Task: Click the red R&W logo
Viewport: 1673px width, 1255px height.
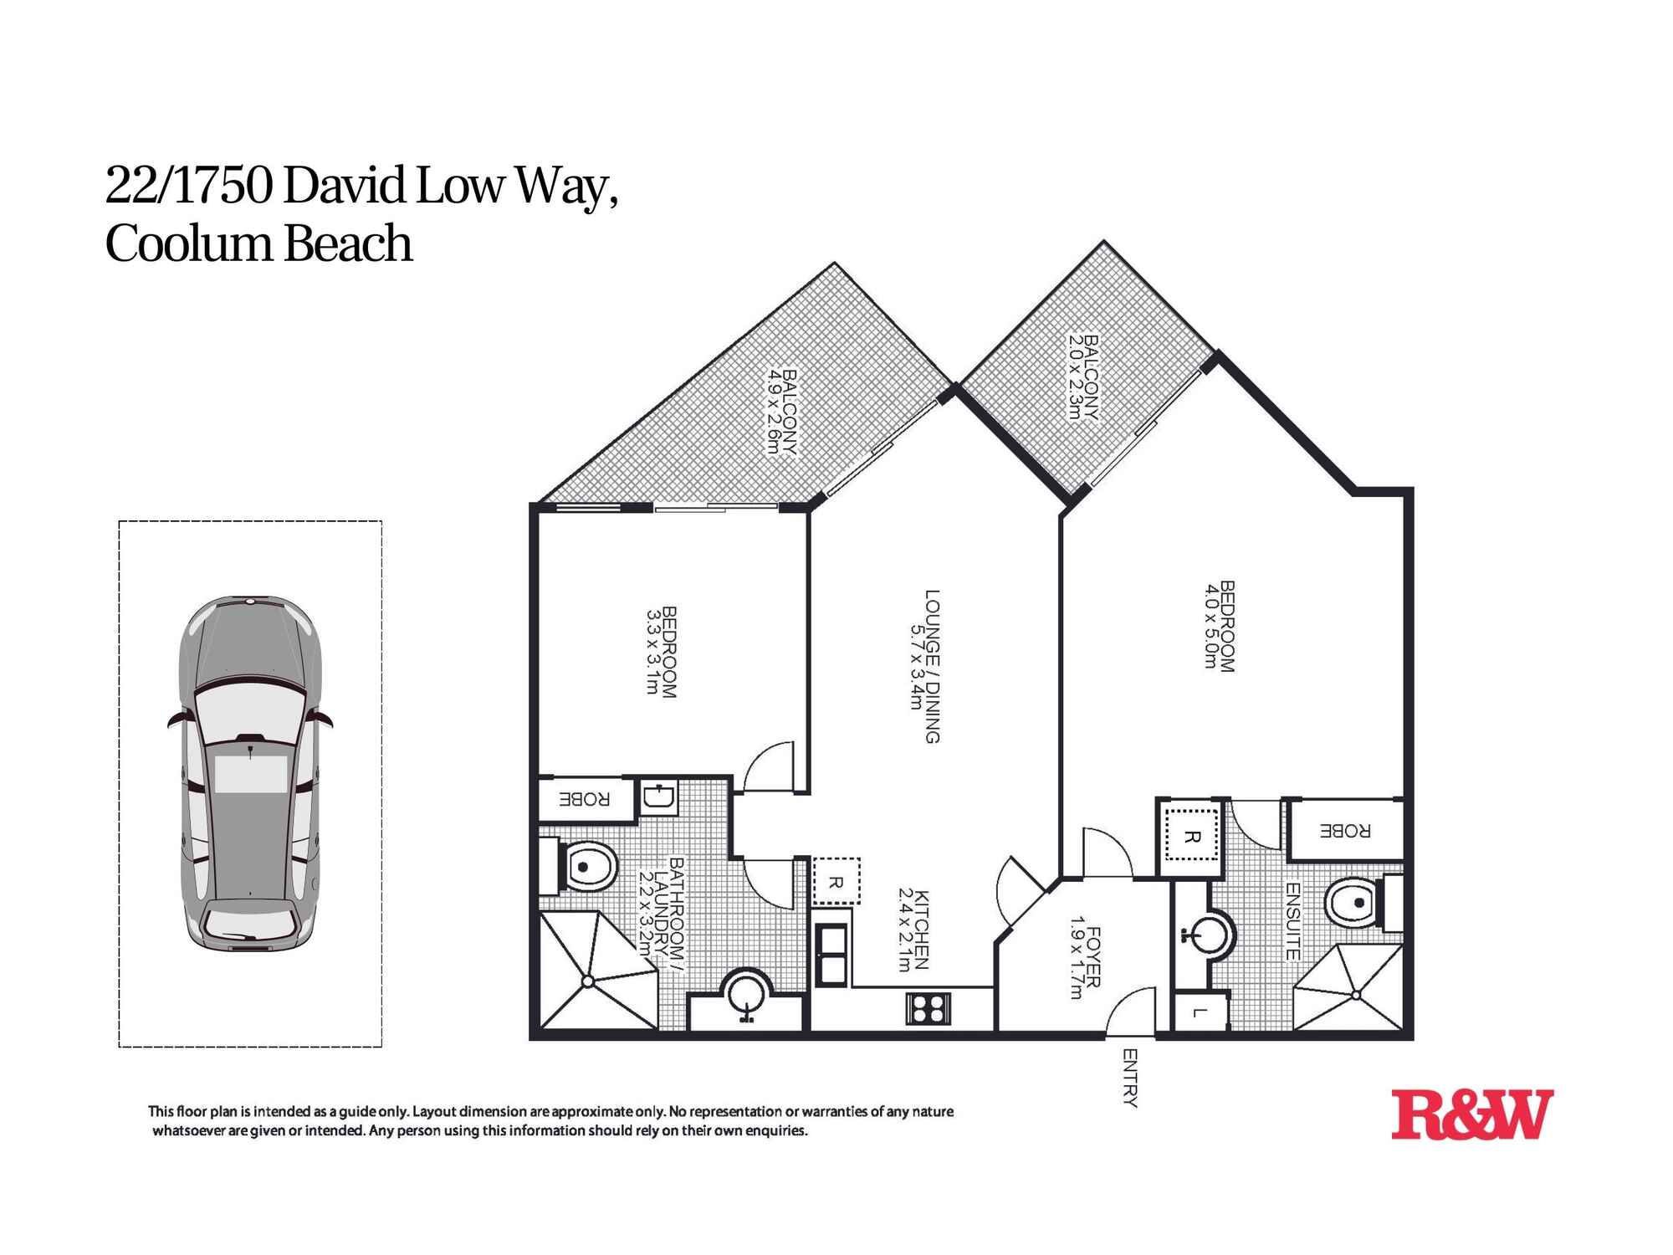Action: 1471,1114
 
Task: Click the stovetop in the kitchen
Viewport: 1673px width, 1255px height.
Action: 929,1008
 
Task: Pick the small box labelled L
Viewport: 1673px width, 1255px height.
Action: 1200,1013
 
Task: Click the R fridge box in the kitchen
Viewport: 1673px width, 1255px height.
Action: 836,882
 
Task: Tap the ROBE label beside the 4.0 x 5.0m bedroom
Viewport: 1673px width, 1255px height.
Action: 1345,832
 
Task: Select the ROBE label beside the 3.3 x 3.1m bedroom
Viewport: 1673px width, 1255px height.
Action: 585,799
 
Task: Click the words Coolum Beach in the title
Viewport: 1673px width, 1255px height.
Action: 259,244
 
